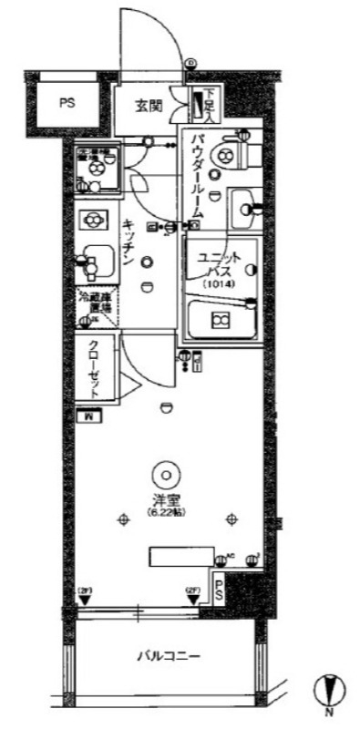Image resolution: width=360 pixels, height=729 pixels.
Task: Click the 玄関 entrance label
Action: pyautogui.click(x=149, y=106)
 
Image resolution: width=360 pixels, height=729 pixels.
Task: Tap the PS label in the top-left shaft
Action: pyautogui.click(x=67, y=103)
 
